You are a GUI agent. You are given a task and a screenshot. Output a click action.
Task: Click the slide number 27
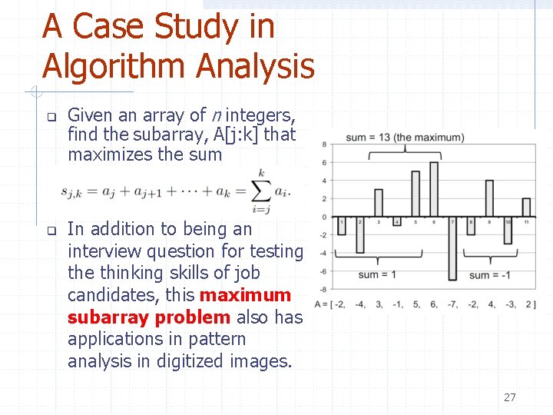509,397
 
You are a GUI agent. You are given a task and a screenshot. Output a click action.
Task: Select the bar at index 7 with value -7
452,248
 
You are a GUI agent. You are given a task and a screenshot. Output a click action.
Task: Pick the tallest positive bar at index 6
434,189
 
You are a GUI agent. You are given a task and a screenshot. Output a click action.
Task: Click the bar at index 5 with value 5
416,194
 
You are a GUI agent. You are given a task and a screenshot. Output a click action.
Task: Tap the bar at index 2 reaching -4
359,234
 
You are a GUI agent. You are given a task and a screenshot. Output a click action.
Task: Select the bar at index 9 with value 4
489,198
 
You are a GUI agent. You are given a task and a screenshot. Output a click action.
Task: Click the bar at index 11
526,207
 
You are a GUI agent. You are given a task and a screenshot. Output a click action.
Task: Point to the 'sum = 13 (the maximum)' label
405,138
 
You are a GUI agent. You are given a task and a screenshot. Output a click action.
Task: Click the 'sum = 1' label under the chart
377,274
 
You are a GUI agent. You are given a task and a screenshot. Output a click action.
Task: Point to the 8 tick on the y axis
326,144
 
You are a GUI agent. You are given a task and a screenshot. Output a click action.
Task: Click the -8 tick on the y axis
324,289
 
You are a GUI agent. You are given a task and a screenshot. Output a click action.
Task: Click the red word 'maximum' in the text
245,295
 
